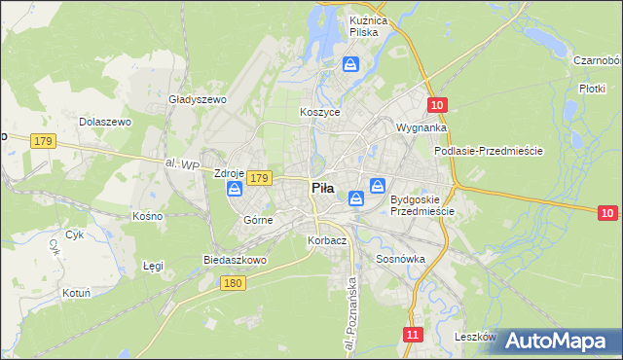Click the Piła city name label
(322, 189)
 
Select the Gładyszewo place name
(197, 99)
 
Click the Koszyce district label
(319, 113)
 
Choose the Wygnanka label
(421, 127)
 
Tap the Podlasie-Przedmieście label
(488, 152)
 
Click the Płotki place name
(592, 88)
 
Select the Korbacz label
(326, 240)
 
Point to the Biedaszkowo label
(234, 261)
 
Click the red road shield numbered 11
(414, 334)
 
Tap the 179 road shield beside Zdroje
(258, 178)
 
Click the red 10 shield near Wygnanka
(437, 105)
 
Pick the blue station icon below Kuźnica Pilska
(350, 65)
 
